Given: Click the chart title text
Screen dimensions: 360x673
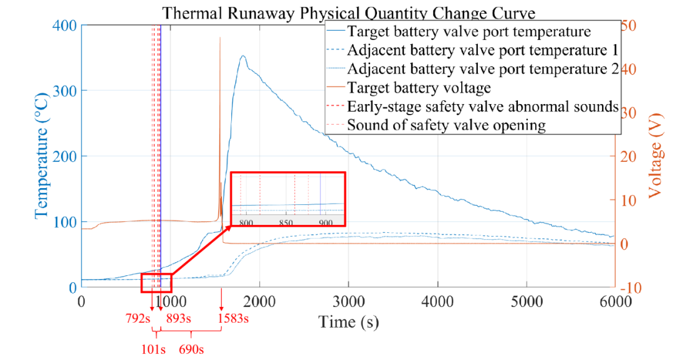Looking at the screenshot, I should coord(348,13).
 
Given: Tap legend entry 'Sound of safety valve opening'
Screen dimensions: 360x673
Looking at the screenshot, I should coord(446,125).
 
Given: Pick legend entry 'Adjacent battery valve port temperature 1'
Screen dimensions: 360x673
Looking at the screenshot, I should coord(482,49).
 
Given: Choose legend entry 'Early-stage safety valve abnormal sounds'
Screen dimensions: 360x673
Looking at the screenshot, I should coord(482,107).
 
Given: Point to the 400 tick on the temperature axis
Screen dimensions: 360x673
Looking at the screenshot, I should coord(64,26).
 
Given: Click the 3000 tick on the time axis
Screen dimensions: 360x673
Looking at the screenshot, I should coord(348,300).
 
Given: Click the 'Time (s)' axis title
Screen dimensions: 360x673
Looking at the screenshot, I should coord(348,321).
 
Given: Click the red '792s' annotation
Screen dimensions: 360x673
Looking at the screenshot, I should coord(138,319).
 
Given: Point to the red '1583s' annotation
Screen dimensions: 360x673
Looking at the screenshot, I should coord(233,319).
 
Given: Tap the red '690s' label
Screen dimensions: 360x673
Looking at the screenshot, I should coord(191,349).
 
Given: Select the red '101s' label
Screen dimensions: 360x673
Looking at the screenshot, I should coord(153,349).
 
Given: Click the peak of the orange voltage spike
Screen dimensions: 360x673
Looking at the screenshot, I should coord(220,39).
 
